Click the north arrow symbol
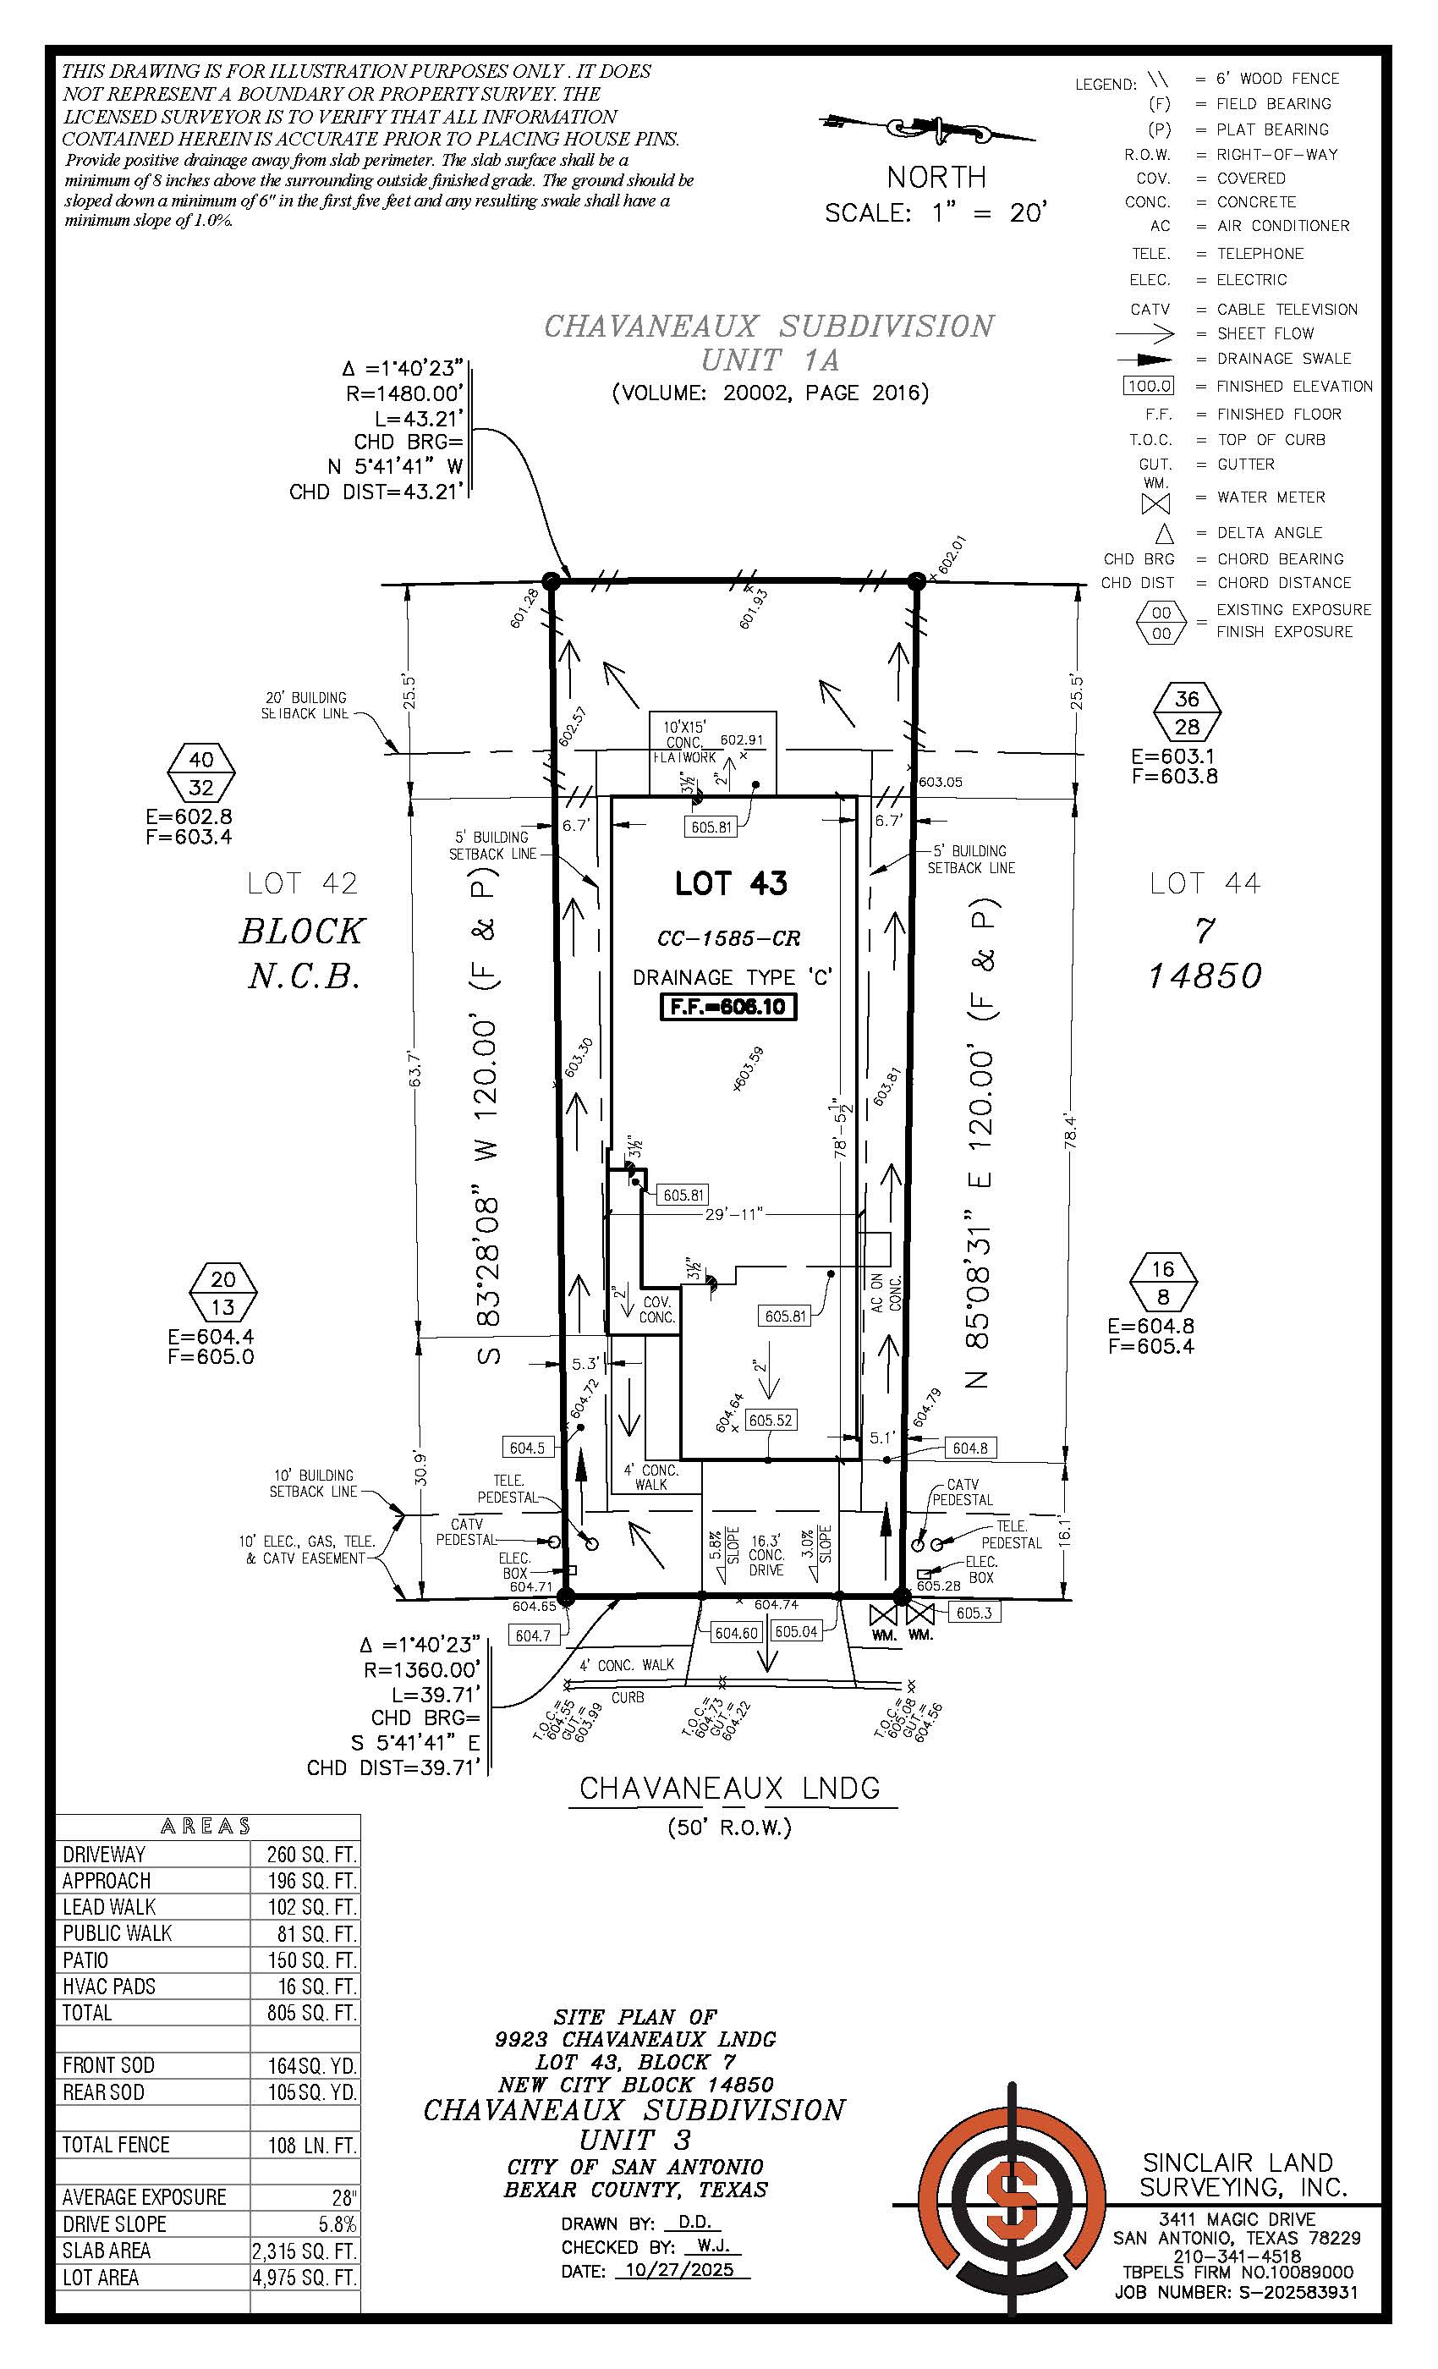[928, 127]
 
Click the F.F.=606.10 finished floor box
[728, 1007]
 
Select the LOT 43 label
[731, 882]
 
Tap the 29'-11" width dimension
[733, 1213]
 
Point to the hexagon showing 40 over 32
[201, 773]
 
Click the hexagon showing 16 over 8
[1163, 1282]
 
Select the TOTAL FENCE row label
[115, 2145]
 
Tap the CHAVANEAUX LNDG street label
[731, 1789]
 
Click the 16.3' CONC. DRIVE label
[766, 1555]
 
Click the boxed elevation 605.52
[771, 1420]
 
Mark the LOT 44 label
[1205, 882]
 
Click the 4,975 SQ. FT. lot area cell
[305, 2278]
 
